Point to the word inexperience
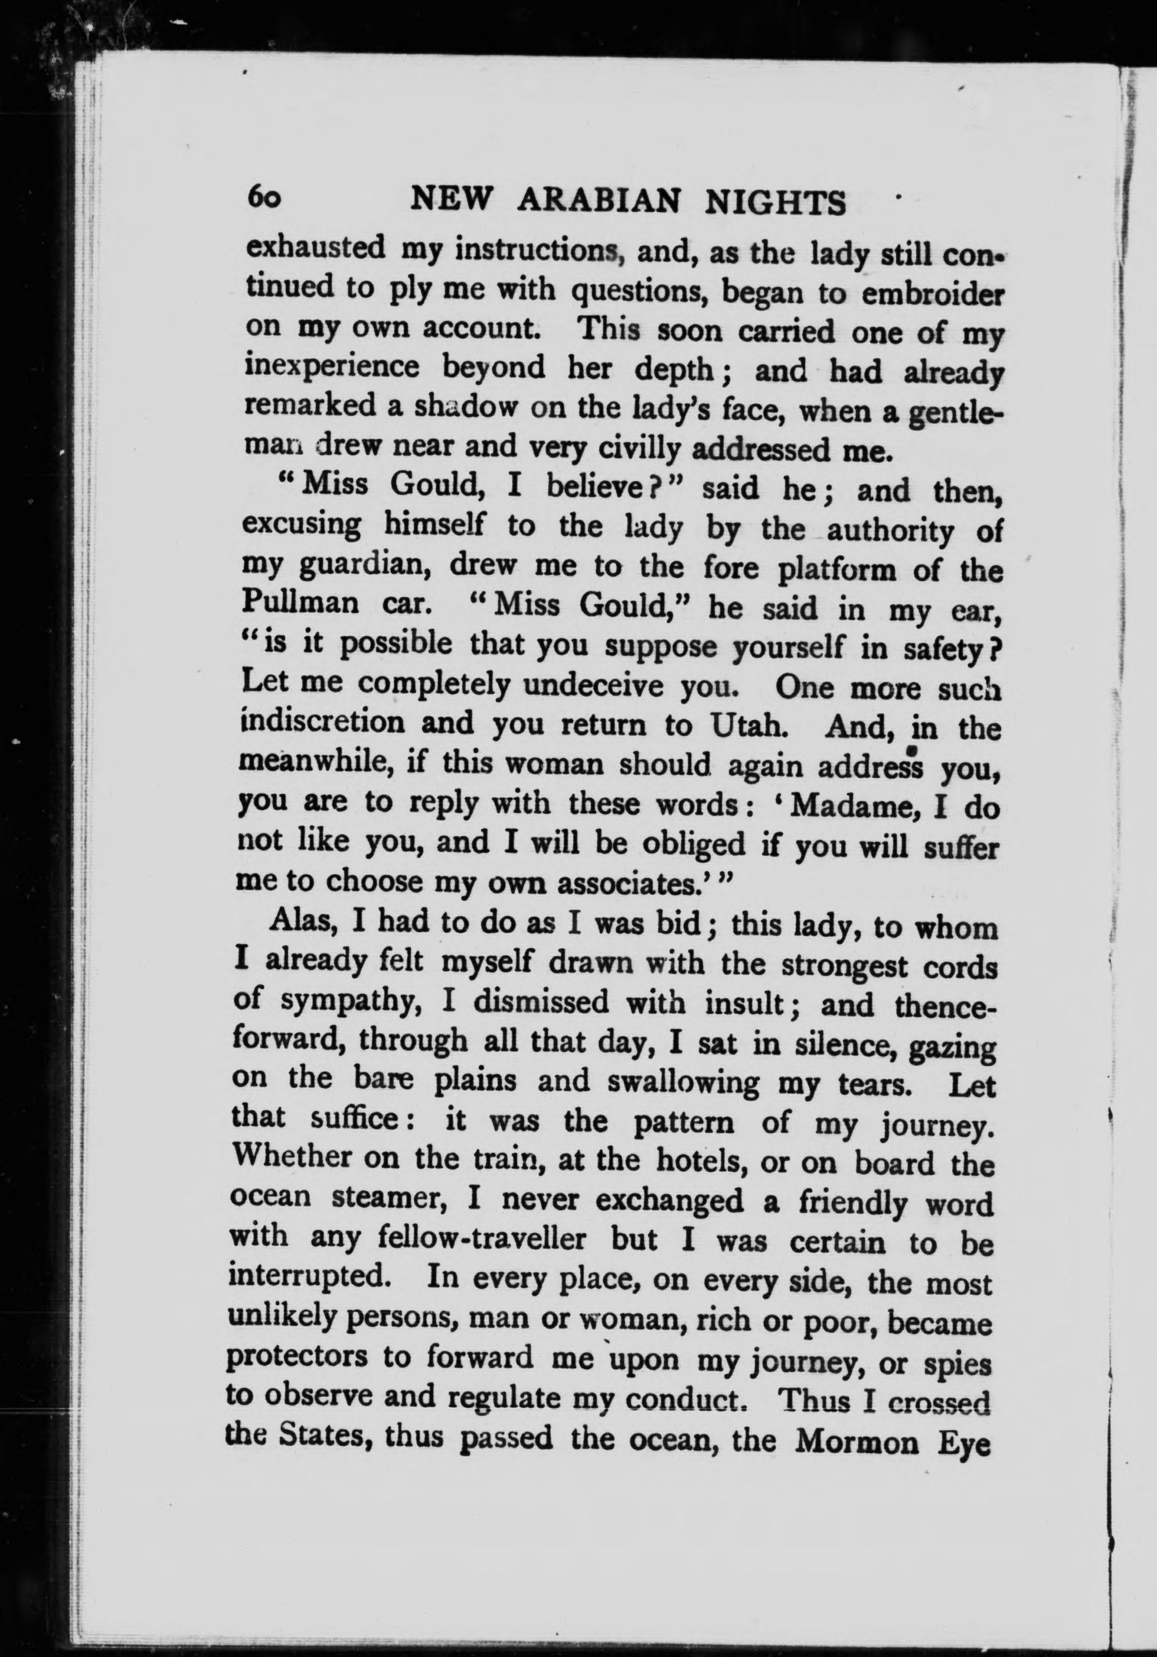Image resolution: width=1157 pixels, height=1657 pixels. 332,367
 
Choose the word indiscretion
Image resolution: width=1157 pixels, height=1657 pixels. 323,723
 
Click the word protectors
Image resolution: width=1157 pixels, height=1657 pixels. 298,1359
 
